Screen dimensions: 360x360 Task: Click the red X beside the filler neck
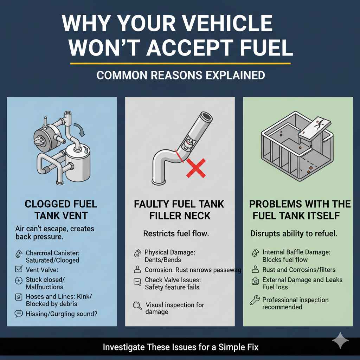(196, 167)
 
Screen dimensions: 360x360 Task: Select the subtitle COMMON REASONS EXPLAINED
(180, 75)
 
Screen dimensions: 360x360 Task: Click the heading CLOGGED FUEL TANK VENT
(61, 209)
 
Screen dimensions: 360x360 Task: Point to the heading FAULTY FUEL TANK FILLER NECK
(180, 210)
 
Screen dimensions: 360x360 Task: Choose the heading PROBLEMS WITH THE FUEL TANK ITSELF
(300, 210)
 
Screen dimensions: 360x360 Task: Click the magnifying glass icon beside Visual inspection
(137, 306)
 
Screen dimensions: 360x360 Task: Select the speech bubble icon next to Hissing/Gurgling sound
(19, 314)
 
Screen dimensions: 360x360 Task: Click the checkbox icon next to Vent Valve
(19, 270)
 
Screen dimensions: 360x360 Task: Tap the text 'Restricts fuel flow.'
(176, 233)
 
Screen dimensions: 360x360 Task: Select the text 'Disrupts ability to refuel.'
(294, 233)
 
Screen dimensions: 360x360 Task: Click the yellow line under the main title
(180, 64)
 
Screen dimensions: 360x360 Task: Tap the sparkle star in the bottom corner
(340, 340)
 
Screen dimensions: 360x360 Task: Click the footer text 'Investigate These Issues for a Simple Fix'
(180, 347)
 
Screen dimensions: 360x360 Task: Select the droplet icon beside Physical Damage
(137, 253)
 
